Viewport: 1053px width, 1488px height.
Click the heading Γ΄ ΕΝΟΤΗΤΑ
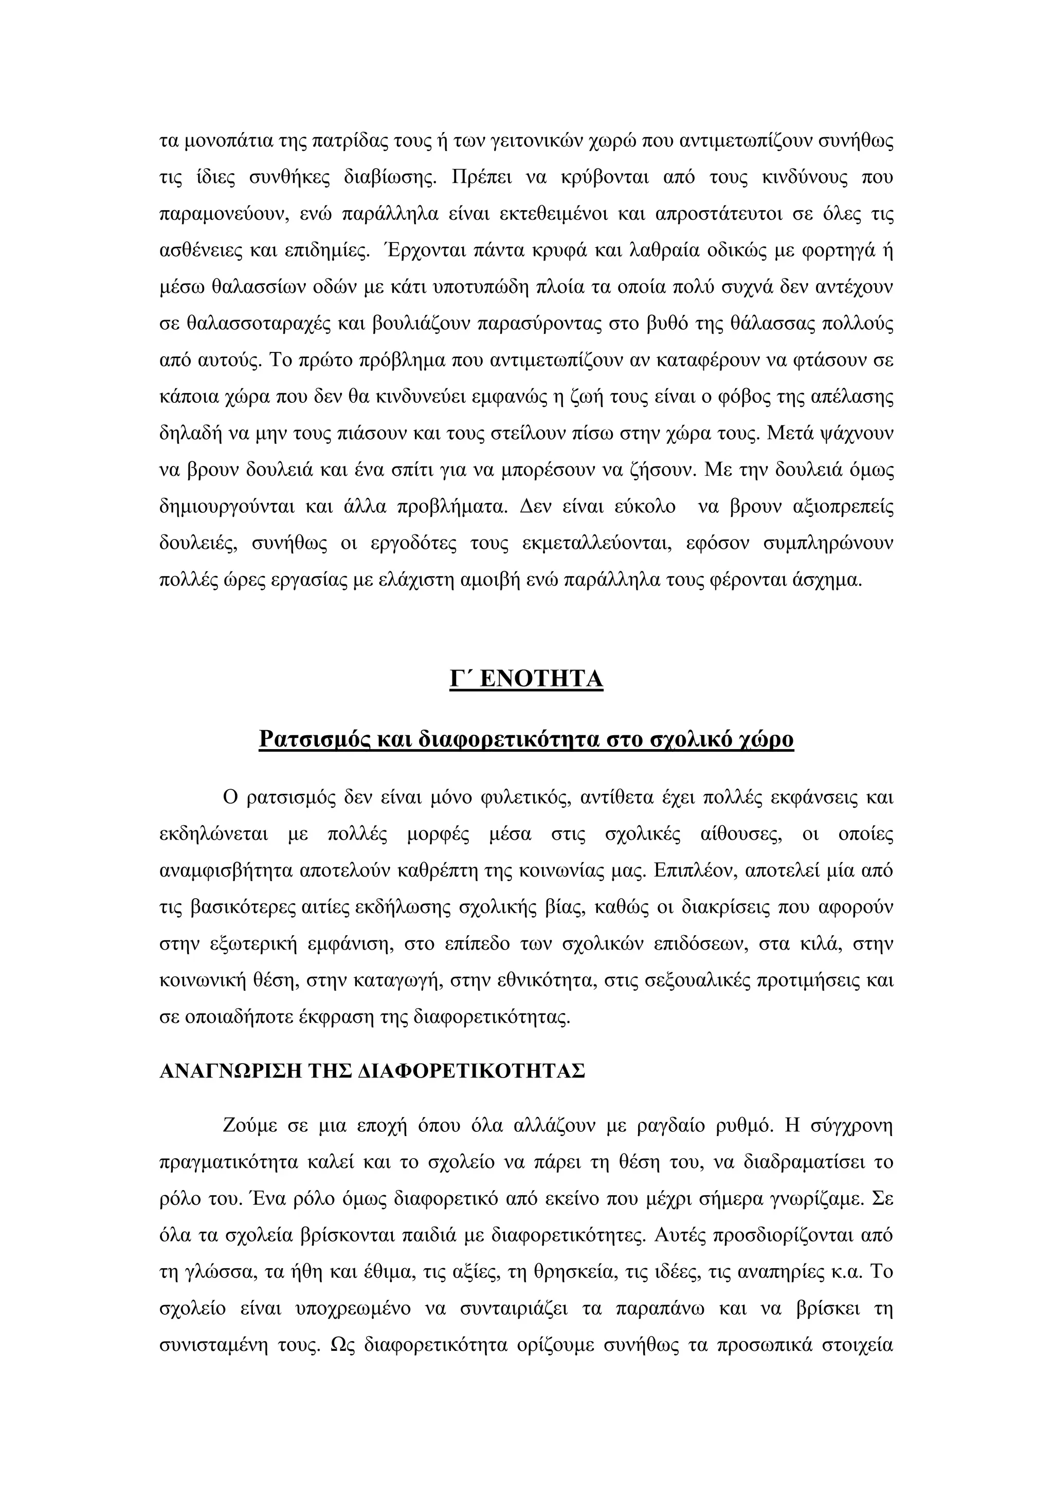click(526, 679)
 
